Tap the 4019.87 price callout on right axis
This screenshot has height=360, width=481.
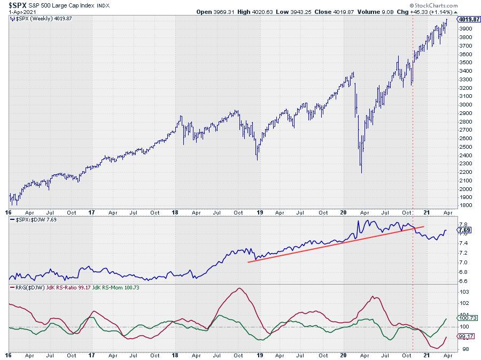pos(469,19)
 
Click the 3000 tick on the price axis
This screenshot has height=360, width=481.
pos(465,104)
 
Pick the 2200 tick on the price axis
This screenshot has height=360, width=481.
pos(465,172)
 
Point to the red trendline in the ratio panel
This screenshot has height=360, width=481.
pos(331,244)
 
